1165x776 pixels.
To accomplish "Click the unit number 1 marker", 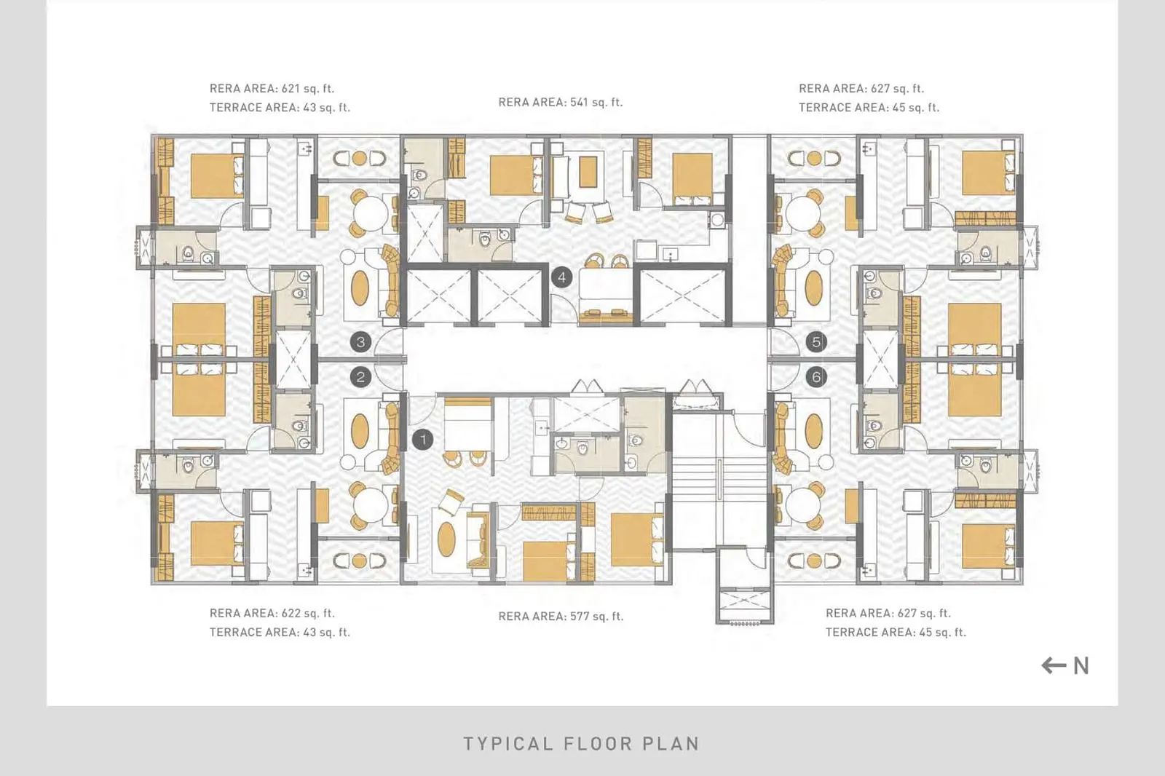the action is (x=423, y=440).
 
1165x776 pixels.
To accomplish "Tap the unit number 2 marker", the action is (x=360, y=377).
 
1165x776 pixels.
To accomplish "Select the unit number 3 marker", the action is (x=360, y=341).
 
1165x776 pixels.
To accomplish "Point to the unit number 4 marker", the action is (x=561, y=277).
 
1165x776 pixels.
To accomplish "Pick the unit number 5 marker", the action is (x=816, y=341).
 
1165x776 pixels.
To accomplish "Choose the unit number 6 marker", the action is (x=816, y=377).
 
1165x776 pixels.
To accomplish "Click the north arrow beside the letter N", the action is (x=1054, y=665).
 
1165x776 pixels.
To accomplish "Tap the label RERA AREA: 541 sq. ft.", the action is (x=561, y=102).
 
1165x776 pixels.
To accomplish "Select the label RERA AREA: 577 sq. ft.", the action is (x=561, y=617).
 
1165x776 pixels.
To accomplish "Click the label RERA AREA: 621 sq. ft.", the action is (x=272, y=88).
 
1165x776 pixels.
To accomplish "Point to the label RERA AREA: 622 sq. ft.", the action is (x=272, y=613).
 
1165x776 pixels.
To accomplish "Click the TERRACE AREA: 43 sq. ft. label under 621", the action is (x=280, y=108).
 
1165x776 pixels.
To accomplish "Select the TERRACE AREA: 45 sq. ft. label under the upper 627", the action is (x=869, y=108).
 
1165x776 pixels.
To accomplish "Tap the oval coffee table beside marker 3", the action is (x=360, y=288).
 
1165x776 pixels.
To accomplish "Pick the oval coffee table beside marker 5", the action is (x=814, y=288).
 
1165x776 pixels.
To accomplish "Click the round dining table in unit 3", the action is (x=371, y=213).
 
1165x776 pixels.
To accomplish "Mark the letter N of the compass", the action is (x=1081, y=666).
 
